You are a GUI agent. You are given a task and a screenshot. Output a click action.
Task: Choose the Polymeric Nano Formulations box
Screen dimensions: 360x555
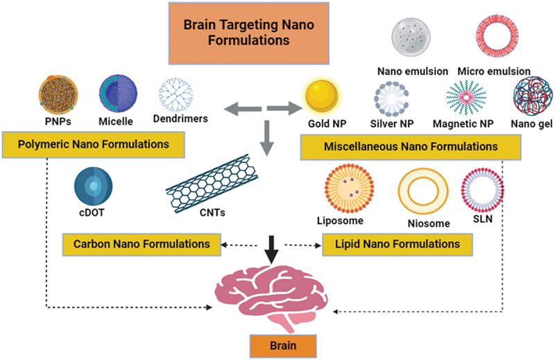click(x=94, y=145)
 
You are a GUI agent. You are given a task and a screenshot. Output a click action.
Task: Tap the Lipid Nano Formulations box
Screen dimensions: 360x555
click(x=397, y=244)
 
